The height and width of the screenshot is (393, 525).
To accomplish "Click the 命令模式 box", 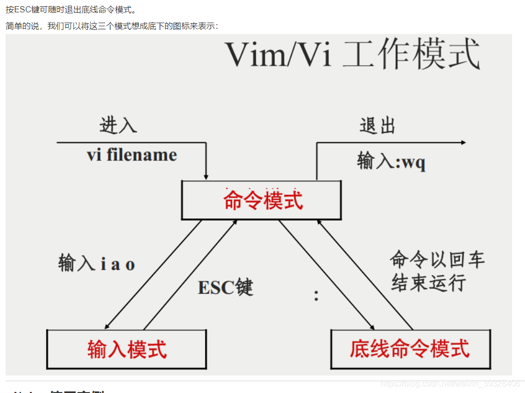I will pyautogui.click(x=261, y=200).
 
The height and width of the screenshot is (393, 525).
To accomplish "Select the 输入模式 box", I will pyautogui.click(x=127, y=349).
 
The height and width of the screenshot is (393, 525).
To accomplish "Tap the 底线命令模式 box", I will pyautogui.click(x=410, y=349).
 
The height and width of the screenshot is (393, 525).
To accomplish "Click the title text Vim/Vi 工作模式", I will pyautogui.click(x=353, y=54).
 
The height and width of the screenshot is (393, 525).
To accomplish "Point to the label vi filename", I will pyautogui.click(x=132, y=155).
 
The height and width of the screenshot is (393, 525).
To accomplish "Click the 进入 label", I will pyautogui.click(x=118, y=125).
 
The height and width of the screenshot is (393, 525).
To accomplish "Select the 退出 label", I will pyautogui.click(x=377, y=125).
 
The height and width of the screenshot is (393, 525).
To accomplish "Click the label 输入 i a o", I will pyautogui.click(x=97, y=264).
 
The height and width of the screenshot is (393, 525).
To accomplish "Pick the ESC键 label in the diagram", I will pyautogui.click(x=225, y=287).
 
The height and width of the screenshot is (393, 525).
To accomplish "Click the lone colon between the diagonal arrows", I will pyautogui.click(x=316, y=295).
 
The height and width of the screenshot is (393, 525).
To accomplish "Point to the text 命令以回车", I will pyautogui.click(x=437, y=259).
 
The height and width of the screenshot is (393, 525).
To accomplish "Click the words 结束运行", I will pyautogui.click(x=429, y=282).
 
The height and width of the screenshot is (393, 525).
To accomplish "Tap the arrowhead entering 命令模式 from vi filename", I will pyautogui.click(x=206, y=177).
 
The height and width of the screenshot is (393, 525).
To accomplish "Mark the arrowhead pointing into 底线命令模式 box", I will pyautogui.click(x=371, y=326).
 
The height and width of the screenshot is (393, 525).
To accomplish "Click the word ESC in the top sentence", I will pyautogui.click(x=22, y=10).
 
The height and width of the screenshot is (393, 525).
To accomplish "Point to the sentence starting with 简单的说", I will pyautogui.click(x=112, y=26).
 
